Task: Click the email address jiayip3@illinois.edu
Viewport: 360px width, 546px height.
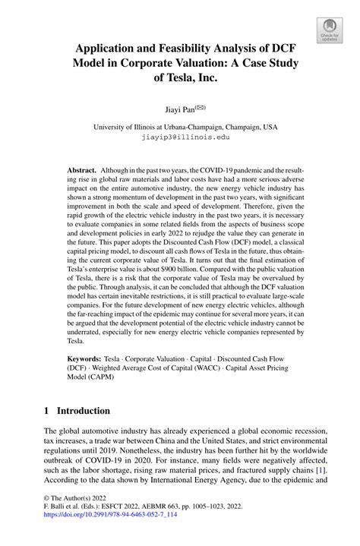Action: click(179, 138)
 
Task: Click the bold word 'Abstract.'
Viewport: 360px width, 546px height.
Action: click(83, 170)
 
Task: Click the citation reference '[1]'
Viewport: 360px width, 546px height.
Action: click(321, 471)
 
